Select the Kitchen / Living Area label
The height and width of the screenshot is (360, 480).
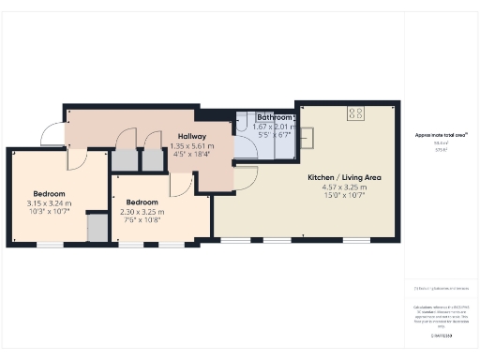pyautogui.click(x=344, y=177)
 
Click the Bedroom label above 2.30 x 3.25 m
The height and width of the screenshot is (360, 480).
pyautogui.click(x=142, y=202)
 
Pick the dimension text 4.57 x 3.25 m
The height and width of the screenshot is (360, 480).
pyautogui.click(x=344, y=187)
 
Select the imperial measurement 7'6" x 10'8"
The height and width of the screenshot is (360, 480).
pyautogui.click(x=142, y=220)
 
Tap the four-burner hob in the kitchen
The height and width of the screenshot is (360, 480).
pyautogui.click(x=356, y=113)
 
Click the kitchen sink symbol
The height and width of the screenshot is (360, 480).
pyautogui.click(x=307, y=135)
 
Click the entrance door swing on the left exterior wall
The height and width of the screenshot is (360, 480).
pyautogui.click(x=55, y=136)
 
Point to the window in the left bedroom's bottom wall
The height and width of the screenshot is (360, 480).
pyautogui.click(x=50, y=246)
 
